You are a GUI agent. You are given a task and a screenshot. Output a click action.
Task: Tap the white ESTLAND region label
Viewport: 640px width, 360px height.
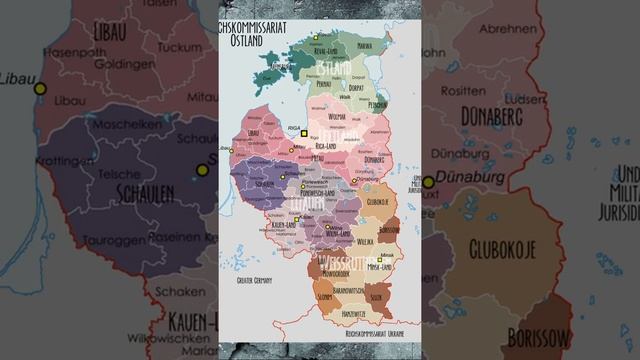click(334, 68)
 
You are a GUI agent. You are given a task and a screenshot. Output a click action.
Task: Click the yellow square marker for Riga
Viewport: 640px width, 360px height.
click(304, 133)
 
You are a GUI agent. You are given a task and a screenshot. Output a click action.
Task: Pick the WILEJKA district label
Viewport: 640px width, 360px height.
click(364, 240)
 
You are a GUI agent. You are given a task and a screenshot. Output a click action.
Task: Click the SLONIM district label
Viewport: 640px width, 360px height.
click(324, 297)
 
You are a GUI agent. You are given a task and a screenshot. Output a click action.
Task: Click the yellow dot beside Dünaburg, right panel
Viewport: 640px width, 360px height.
click(428, 182)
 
